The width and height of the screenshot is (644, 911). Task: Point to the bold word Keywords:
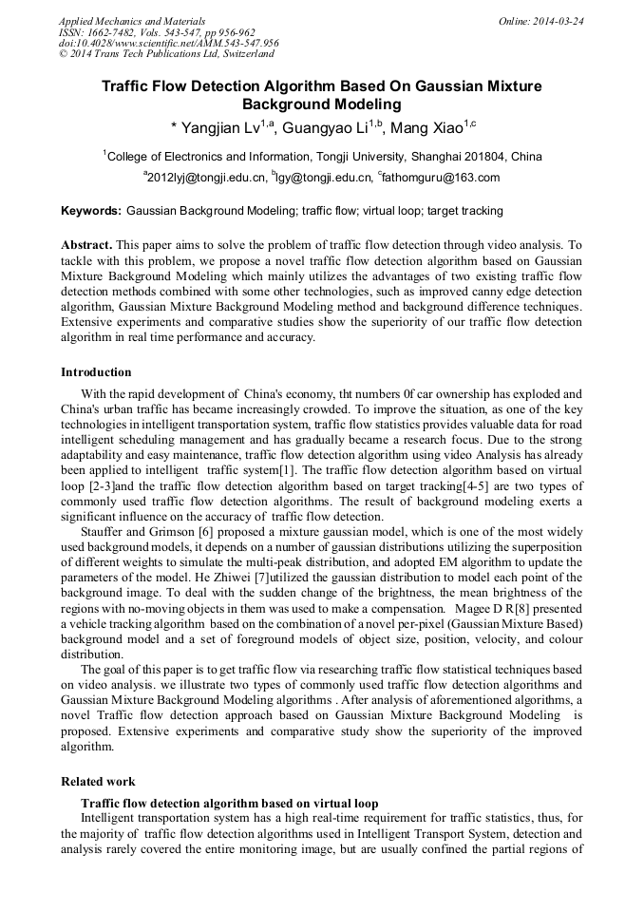pos(91,211)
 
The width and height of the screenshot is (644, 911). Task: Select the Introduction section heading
pos(96,371)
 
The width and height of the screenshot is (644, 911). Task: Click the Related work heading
pos(98,782)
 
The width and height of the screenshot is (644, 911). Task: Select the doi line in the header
pos(168,43)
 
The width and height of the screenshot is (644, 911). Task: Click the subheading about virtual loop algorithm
pos(229,803)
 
